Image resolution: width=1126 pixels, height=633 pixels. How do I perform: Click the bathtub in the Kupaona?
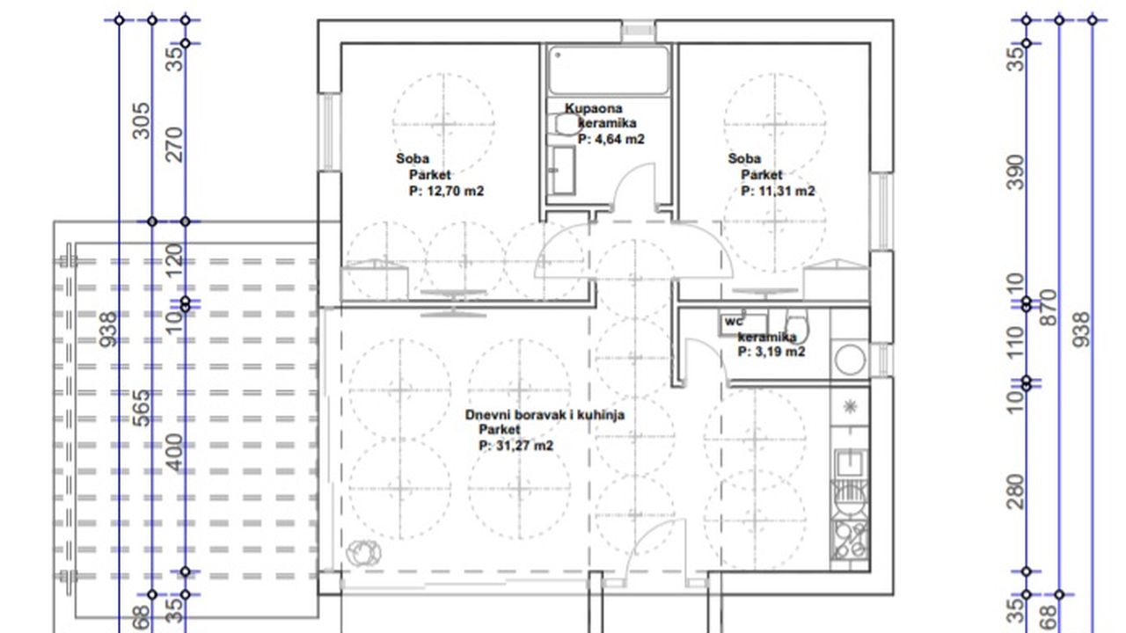[x=609, y=70]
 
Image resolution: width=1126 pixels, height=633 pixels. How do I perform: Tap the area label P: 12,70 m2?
[x=446, y=191]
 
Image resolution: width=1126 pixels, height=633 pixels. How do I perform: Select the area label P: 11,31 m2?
[x=779, y=191]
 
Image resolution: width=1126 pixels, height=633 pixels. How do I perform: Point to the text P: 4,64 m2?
[x=611, y=139]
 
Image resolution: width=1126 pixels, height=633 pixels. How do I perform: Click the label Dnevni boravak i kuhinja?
[x=545, y=415]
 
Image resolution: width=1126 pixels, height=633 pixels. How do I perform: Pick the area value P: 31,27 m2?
[x=515, y=446]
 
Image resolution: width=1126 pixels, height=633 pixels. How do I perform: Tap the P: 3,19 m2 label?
[x=771, y=352]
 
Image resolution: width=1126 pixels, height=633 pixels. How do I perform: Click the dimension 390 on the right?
[x=1016, y=172]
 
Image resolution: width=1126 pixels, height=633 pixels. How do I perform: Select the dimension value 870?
[x=1049, y=307]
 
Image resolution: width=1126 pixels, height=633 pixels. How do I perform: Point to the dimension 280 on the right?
[x=1016, y=491]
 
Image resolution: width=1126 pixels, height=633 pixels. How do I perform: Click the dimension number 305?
[x=142, y=120]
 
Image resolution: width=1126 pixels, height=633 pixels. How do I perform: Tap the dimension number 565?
[x=142, y=408]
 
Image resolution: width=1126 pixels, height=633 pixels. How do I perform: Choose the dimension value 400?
[x=174, y=452]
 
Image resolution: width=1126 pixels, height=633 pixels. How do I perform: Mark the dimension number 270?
[x=174, y=145]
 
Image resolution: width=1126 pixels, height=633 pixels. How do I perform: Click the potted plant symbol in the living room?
[x=363, y=553]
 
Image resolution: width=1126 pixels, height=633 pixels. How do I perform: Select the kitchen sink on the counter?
[x=851, y=462]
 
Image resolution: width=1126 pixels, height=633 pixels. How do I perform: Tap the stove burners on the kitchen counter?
[x=850, y=540]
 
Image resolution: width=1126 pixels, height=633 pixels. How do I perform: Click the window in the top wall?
[x=639, y=31]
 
